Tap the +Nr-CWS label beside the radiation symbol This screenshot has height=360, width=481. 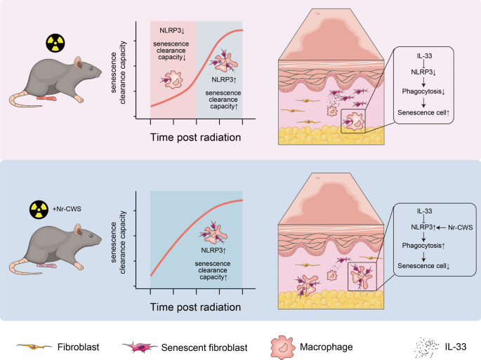(x=62, y=209)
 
